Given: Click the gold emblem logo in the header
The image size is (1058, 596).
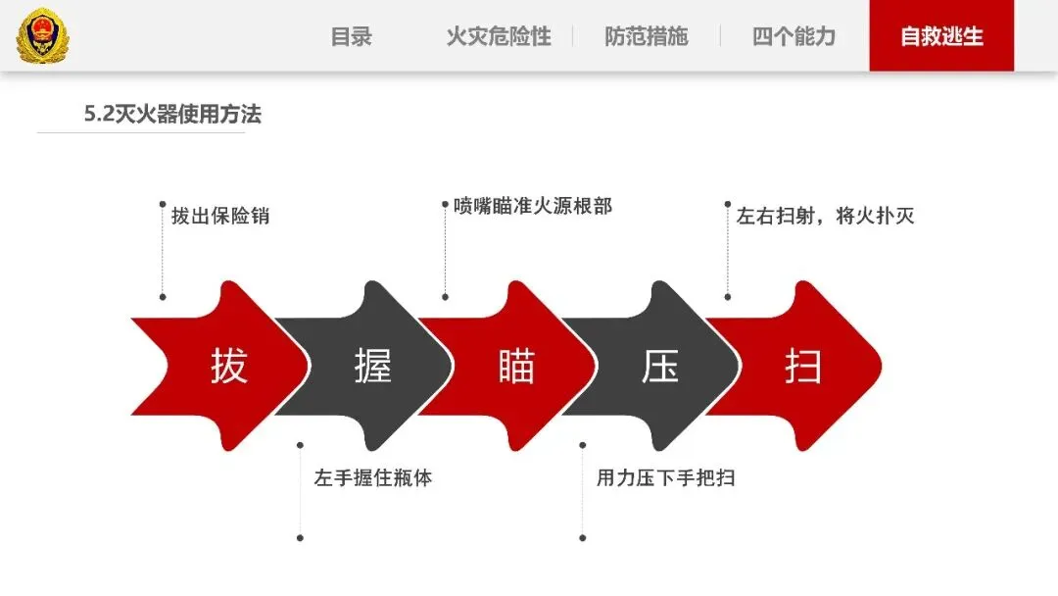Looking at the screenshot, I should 43,36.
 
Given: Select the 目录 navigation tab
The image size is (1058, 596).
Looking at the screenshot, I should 351,37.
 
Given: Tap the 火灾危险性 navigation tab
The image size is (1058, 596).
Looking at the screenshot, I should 498,37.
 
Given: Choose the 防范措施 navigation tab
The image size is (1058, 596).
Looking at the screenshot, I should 646,37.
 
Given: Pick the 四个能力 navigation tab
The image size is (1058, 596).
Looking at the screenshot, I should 793,37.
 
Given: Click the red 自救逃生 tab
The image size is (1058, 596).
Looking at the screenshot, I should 941,37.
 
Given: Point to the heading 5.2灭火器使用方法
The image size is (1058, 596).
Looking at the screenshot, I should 172,115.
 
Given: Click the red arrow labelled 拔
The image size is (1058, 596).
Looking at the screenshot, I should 228,366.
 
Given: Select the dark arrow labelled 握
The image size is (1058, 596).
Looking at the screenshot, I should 372,366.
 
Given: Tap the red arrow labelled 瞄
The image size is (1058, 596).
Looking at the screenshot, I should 515,366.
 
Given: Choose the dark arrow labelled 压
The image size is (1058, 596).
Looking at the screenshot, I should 659,366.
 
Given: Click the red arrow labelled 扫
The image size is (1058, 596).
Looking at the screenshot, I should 803,366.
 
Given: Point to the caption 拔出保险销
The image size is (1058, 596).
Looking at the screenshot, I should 220,216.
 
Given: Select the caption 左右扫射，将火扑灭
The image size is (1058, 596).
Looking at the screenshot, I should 825,216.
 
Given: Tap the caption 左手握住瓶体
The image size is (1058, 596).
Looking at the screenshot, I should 373,478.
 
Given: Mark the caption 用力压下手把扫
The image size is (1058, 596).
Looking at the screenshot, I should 665,478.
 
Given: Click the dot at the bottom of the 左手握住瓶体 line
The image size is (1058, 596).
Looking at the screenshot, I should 300,537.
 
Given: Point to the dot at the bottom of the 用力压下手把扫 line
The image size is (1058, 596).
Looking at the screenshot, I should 582,537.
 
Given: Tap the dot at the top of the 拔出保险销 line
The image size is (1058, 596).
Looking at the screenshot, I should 163,204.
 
